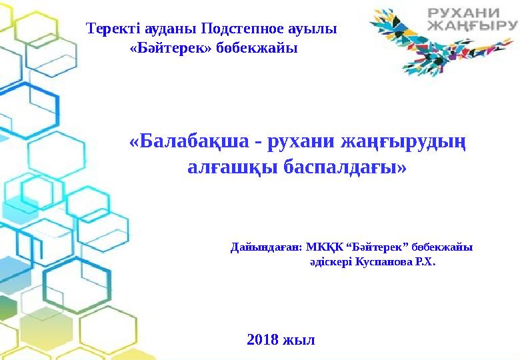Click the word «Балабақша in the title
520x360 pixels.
[x=189, y=141]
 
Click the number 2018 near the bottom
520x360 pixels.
[x=263, y=339]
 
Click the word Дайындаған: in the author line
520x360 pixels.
[x=266, y=247]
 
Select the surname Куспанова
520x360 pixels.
[x=384, y=262]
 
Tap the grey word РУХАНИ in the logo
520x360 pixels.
[x=463, y=13]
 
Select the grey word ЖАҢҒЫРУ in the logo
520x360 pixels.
[x=472, y=26]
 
